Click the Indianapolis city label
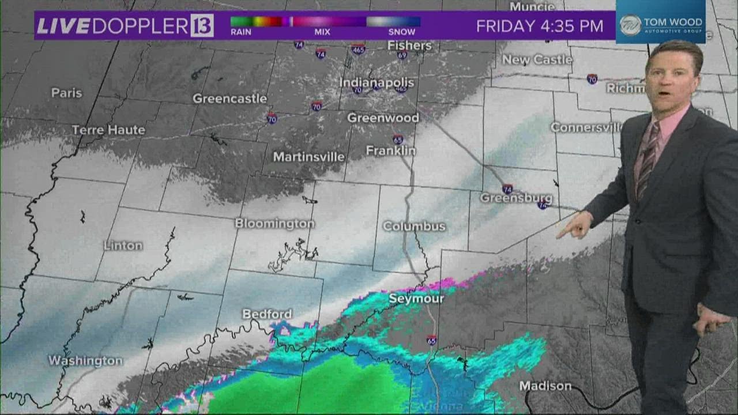coord(376,82)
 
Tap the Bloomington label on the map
coord(274,224)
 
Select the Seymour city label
coord(416,299)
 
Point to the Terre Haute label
coord(108,130)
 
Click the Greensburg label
coord(516,198)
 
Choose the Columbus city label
coord(414,227)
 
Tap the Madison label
coord(545,386)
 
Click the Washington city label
coord(85,361)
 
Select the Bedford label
coord(267,314)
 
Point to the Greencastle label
coord(229,99)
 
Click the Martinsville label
coord(308,157)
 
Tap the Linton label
coord(123,246)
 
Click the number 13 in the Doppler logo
coord(202,26)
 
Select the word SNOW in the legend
coord(401,32)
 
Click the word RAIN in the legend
coord(240,32)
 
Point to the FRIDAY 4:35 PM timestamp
coord(540,26)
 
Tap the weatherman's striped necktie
coord(647,161)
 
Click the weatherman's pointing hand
coord(574,225)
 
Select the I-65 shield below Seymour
coord(431,340)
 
